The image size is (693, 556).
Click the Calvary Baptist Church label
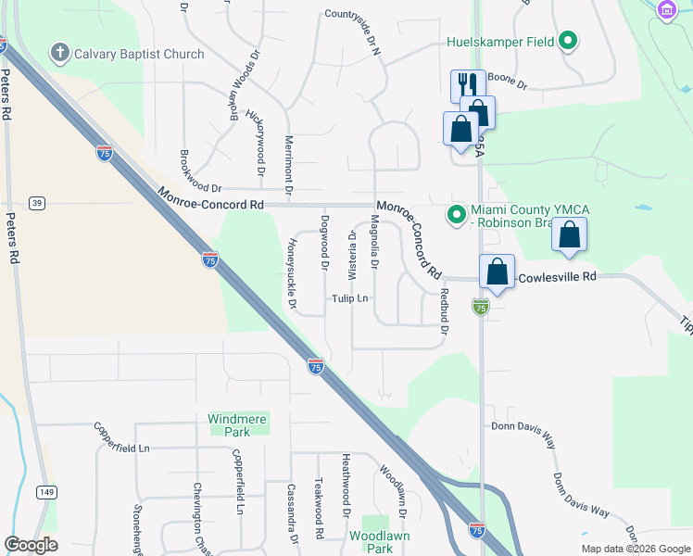click(x=139, y=54)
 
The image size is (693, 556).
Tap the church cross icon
click(x=59, y=53)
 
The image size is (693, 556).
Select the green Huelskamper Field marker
click(x=569, y=41)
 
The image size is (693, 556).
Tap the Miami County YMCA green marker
click(x=456, y=215)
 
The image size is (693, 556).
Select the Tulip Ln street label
click(x=351, y=298)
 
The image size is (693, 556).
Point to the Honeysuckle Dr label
click(x=290, y=273)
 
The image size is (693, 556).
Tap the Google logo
click(x=31, y=545)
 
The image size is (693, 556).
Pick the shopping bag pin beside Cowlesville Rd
click(x=498, y=272)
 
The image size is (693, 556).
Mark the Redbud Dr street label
click(x=444, y=306)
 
